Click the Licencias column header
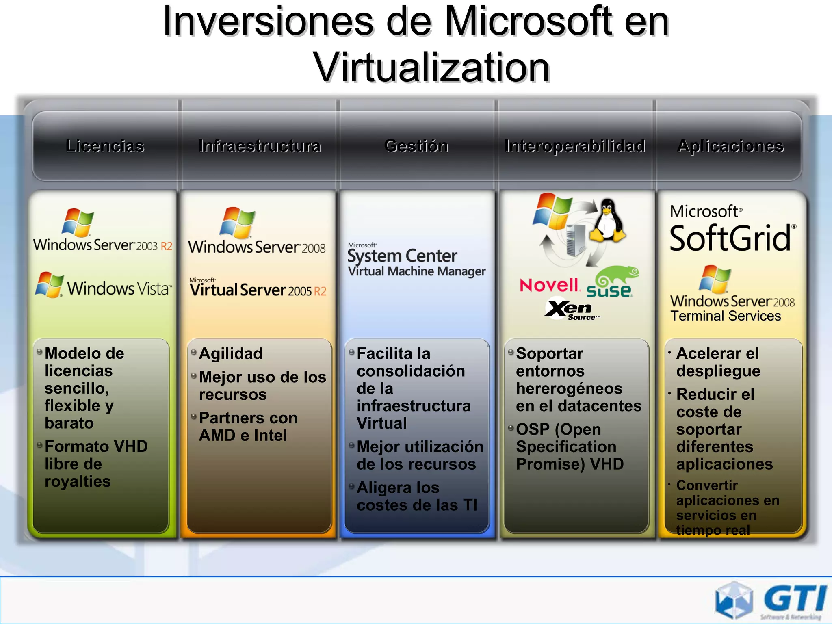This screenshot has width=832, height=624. click(x=105, y=146)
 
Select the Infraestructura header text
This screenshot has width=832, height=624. click(x=260, y=146)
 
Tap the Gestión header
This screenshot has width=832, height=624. click(x=416, y=146)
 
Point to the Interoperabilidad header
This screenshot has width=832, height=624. click(x=575, y=146)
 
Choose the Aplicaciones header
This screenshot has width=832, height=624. click(x=730, y=146)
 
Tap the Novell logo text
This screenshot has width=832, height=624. click(x=549, y=285)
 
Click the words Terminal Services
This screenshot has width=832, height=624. click(x=726, y=316)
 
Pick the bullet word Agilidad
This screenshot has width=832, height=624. click(x=231, y=353)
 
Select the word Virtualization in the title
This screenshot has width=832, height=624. click(x=431, y=67)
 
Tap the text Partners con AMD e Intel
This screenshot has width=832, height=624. click(x=248, y=427)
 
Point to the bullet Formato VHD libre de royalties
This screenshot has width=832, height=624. click(x=95, y=464)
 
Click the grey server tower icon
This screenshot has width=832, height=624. click(x=576, y=240)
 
